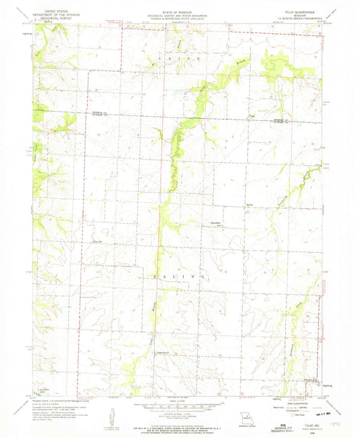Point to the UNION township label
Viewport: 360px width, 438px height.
191,59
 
